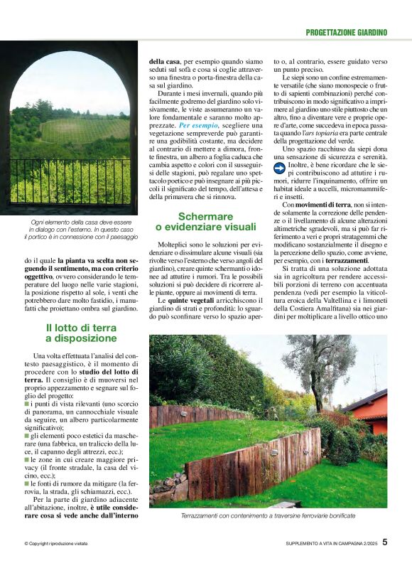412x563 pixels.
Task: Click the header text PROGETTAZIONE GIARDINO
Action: [347, 32]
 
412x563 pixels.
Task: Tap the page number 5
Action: [384, 541]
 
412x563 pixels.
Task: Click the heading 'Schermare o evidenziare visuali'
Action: [207, 221]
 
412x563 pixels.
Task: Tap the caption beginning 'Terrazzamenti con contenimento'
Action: [267, 515]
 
